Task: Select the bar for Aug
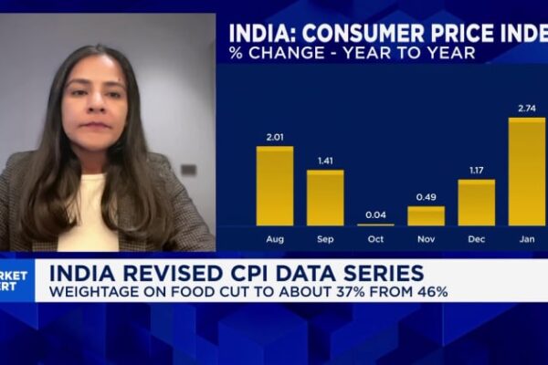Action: point(275,186)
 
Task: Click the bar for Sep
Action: point(325,198)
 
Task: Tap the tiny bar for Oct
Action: point(375,224)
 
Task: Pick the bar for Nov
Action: point(426,216)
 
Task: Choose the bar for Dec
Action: point(476,203)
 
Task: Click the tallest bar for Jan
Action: point(526,172)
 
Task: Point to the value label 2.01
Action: point(275,138)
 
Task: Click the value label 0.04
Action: point(375,215)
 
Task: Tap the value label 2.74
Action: point(526,109)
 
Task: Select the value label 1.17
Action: point(476,171)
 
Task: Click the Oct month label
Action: point(375,239)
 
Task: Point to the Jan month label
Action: point(526,239)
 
